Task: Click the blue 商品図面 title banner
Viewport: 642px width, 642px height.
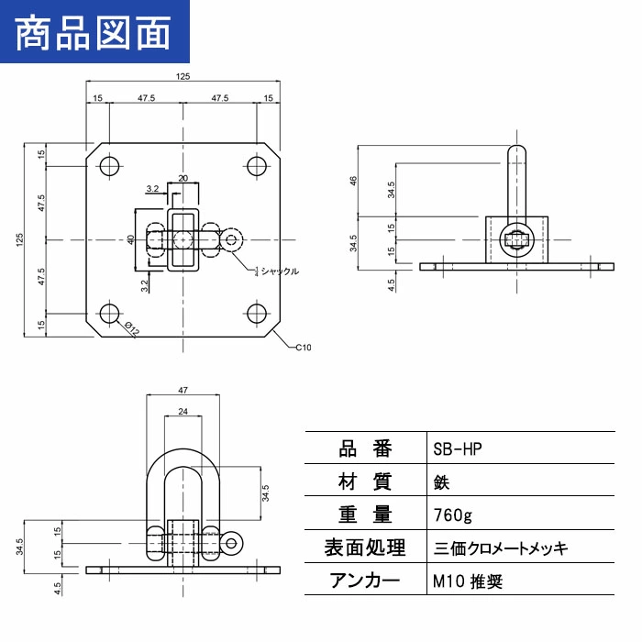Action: (94, 31)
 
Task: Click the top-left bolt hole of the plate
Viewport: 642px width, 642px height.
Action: (109, 166)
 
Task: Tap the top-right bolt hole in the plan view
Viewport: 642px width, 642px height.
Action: (257, 166)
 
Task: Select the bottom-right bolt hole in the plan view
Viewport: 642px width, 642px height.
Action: (257, 314)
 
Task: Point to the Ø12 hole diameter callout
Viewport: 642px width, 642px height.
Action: (132, 328)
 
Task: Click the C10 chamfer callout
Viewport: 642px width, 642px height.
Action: (303, 348)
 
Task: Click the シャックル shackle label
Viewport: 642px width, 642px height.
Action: (277, 271)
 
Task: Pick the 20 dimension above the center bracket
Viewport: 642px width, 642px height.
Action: (183, 178)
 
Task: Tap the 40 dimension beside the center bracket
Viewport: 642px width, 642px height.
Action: (130, 239)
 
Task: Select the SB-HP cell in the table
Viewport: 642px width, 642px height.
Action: (458, 449)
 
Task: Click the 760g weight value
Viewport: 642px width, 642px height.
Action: (453, 515)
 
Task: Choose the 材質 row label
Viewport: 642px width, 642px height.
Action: (365, 481)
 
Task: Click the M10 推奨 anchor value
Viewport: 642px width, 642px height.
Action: (468, 581)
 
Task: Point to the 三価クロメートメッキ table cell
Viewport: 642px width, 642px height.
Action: (501, 548)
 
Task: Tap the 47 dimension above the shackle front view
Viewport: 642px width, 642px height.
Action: (183, 390)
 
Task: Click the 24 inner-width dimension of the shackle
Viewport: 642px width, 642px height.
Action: (183, 411)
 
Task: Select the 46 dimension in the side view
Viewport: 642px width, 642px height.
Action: (353, 180)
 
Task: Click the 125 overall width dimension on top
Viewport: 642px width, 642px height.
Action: (183, 76)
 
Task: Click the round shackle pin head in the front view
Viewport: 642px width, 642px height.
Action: (231, 543)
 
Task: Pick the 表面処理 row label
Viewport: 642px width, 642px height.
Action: (365, 548)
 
